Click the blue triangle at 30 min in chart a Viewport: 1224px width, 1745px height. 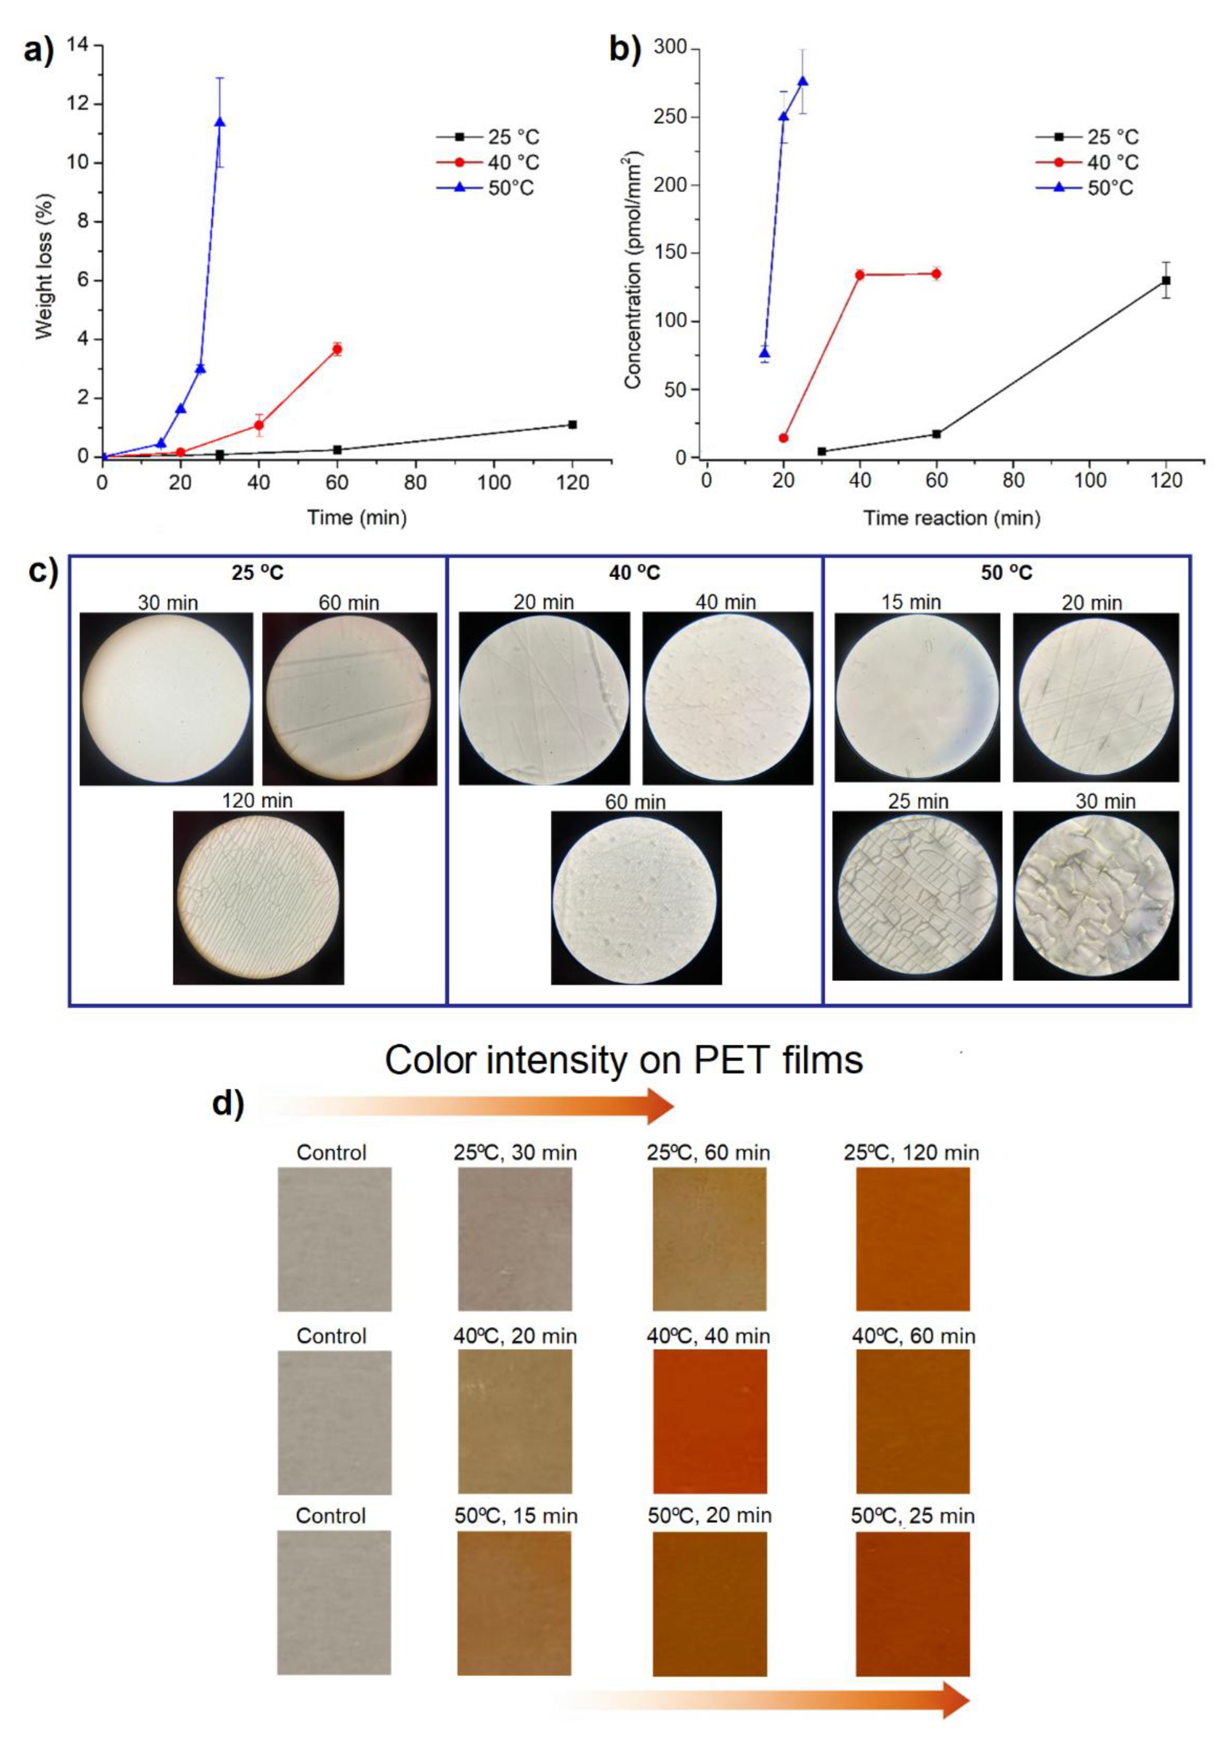point(220,122)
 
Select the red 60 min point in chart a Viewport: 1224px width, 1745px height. point(338,349)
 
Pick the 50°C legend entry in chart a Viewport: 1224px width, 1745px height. point(486,188)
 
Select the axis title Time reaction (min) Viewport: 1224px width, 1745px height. point(951,518)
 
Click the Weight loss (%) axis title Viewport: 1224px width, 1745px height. point(44,266)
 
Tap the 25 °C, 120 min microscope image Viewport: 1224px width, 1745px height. point(258,898)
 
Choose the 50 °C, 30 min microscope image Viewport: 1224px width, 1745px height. point(1095,895)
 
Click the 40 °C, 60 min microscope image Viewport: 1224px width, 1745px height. point(636,898)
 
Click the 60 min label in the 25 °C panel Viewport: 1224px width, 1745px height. point(349,603)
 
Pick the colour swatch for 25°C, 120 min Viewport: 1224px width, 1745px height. point(913,1239)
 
